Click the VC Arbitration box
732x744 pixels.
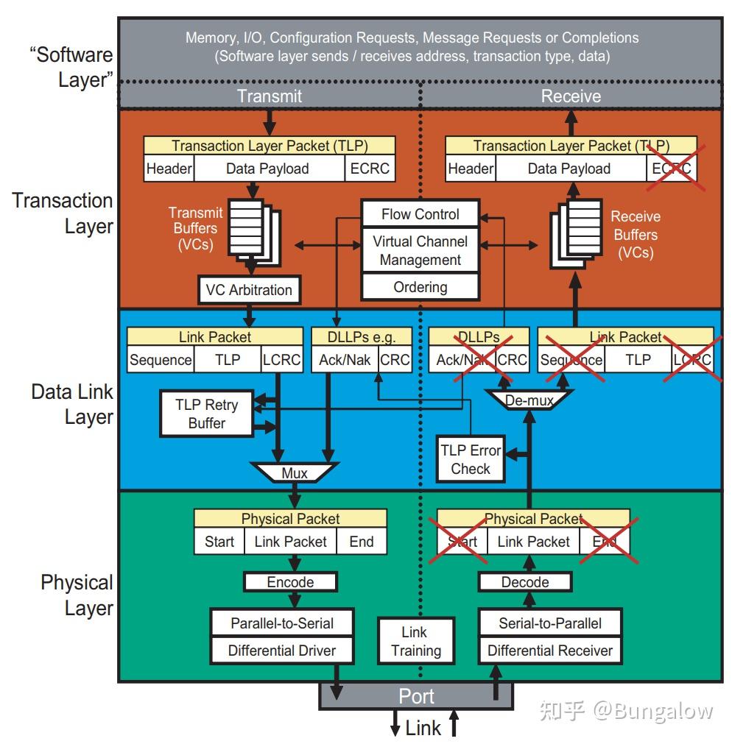[249, 290]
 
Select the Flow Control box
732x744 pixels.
[420, 214]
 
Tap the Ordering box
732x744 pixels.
[420, 287]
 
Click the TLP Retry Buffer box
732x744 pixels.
[206, 414]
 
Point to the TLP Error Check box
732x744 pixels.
[470, 459]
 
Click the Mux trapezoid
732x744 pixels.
[295, 472]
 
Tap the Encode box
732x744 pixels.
[290, 582]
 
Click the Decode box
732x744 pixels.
[524, 582]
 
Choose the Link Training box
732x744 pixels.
[416, 641]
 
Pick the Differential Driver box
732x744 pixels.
[281, 651]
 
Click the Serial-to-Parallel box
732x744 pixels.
[549, 623]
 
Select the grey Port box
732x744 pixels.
[416, 695]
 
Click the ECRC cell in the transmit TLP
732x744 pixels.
[369, 169]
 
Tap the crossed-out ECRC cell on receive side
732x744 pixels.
[671, 169]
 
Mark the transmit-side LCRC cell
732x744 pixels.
[281, 360]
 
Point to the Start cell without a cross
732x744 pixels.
[219, 542]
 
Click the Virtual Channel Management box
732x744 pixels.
[420, 250]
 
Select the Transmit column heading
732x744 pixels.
[269, 96]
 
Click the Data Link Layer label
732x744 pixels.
[72, 404]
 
